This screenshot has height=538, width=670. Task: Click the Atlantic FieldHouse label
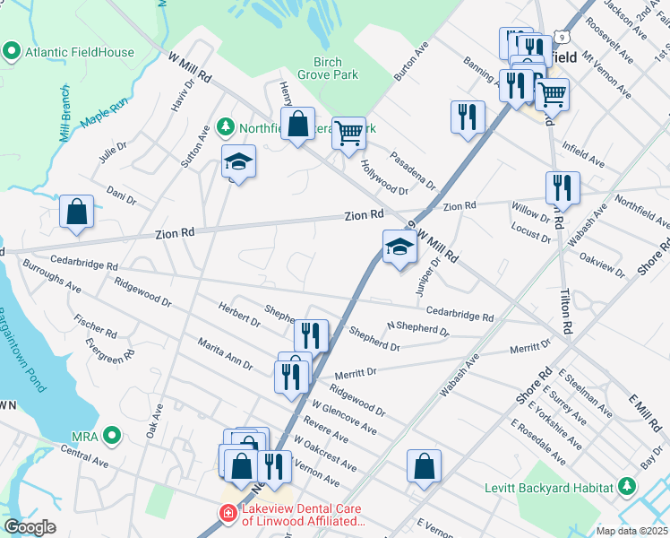[79, 52]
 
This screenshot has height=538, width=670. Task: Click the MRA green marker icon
[111, 437]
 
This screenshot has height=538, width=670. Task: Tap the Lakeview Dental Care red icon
[229, 514]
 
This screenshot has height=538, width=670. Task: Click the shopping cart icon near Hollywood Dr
[348, 134]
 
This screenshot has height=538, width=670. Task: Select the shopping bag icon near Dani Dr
[77, 213]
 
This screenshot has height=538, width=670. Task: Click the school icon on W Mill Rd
[399, 248]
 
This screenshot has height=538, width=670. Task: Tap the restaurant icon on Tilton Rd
[563, 187]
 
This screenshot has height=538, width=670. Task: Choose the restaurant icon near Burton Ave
[468, 117]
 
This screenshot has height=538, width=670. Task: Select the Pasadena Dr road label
[413, 170]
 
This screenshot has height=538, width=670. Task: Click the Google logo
[30, 527]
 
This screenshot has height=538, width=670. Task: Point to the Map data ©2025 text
[631, 531]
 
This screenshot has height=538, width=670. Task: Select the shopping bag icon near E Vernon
[424, 466]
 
